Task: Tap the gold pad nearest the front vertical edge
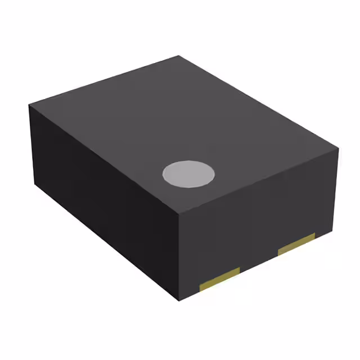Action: tap(220, 280)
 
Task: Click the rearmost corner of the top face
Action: tap(179, 56)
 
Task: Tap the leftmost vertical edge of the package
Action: tap(33, 146)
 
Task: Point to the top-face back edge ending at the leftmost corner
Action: tap(105, 80)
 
